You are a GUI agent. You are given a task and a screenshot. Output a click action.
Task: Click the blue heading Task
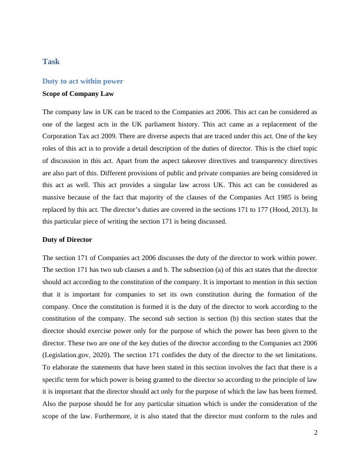pos(51,61)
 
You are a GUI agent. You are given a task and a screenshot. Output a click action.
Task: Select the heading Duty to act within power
pos(83,81)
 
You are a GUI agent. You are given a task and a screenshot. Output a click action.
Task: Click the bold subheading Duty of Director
pos(67,240)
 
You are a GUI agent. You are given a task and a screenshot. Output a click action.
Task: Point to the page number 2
pos(315,432)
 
